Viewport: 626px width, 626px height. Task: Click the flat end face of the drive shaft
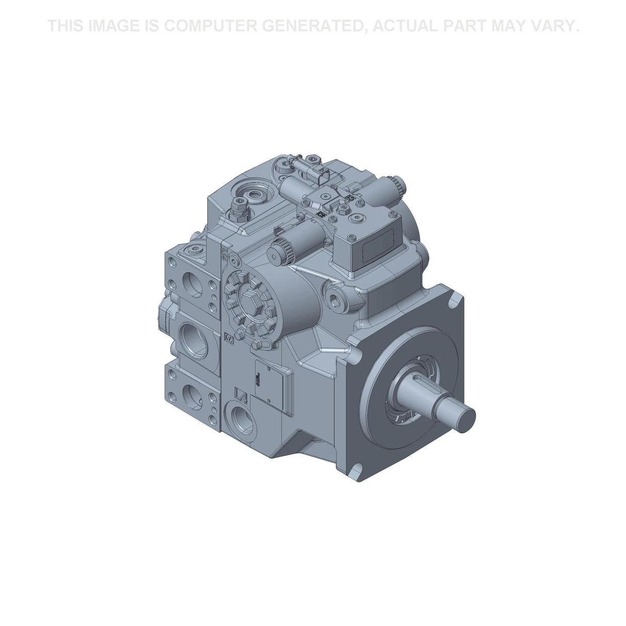tap(467, 420)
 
